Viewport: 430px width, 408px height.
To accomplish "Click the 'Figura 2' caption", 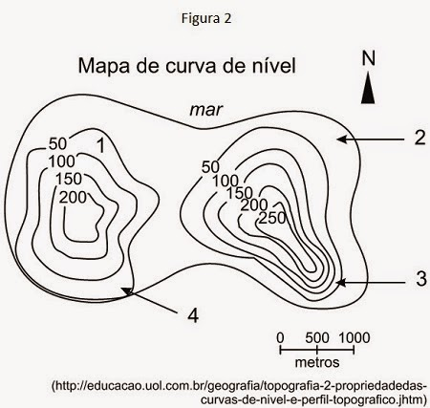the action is coord(206,19).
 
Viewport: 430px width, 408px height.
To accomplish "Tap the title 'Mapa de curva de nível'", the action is coord(187,66).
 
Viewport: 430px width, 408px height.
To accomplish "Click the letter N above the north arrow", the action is coord(368,58).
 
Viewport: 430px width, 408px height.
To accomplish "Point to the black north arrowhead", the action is coord(368,88).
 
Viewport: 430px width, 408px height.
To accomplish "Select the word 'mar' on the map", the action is coord(205,110).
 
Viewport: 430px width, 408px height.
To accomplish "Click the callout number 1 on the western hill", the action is coord(100,146).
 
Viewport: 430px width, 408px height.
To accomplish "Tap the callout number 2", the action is coord(419,139).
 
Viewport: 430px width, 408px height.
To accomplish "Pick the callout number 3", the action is coord(421,279).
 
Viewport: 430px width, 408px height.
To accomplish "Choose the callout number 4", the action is coord(193,316).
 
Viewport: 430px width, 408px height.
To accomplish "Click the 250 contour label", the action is coord(272,219).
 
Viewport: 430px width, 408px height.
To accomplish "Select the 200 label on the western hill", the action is coord(73,198).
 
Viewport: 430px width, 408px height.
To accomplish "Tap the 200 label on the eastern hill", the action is coord(254,205).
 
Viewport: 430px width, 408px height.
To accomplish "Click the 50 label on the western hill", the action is coord(57,144).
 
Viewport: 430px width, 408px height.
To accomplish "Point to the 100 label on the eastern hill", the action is coord(226,182).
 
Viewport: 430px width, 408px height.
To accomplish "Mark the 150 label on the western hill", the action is coord(69,179).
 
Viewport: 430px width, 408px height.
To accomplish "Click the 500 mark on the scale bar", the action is coord(317,337).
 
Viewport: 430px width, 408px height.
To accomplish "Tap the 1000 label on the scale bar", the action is coord(355,337).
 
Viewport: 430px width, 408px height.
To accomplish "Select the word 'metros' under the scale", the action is coord(317,362).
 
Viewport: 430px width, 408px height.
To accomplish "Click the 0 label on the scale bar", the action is coord(280,337).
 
